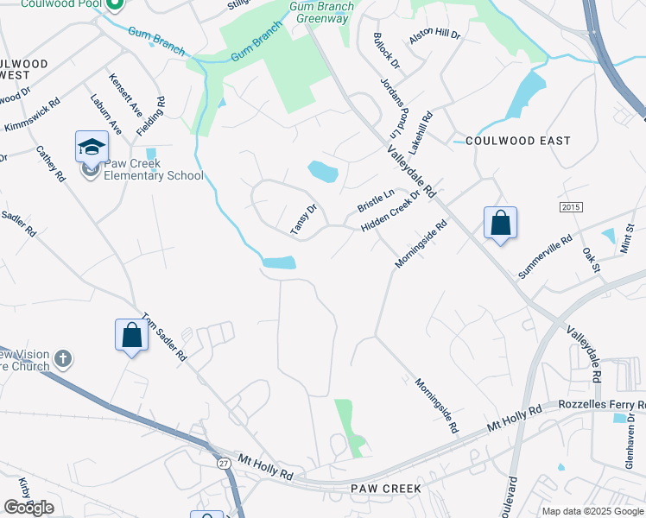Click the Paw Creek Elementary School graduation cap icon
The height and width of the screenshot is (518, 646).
92,148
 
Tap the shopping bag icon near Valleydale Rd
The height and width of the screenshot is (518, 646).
500,224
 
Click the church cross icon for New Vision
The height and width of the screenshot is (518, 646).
62,357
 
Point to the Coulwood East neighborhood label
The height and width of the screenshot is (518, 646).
517,141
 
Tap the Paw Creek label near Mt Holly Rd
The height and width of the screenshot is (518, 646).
386,489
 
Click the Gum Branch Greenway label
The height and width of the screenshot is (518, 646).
321,12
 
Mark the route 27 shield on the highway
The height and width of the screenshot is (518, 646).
225,464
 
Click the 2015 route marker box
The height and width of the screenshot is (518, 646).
571,207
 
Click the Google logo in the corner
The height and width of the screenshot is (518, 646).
28,508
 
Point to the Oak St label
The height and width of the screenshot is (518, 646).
592,260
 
